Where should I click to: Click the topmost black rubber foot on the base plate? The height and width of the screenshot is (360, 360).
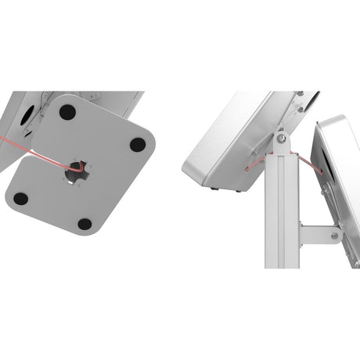coord(67,112)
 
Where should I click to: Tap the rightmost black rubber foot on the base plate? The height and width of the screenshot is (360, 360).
coord(138,145)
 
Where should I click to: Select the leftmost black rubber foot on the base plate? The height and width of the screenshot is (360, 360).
coord(21,199)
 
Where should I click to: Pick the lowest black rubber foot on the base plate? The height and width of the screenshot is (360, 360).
coord(85,225)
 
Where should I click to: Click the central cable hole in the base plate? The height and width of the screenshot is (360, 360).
coord(77,172)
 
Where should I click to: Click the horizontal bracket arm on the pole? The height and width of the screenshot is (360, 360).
coord(317,234)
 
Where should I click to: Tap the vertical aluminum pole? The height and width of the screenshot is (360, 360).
coord(282,219)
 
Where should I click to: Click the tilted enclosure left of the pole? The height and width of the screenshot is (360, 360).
coord(227,141)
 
